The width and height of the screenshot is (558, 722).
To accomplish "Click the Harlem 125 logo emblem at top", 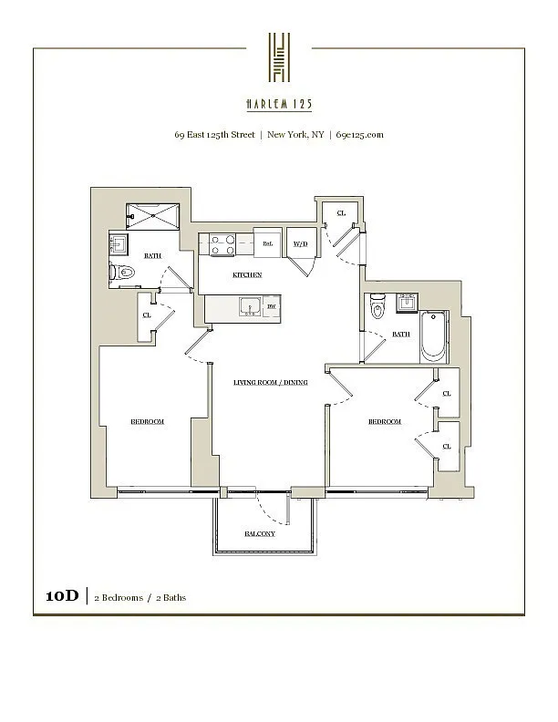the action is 279,57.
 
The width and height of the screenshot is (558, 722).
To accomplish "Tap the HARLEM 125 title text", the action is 279,104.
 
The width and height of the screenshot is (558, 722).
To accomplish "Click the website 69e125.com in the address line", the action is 359,134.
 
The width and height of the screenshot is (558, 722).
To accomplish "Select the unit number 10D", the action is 63,597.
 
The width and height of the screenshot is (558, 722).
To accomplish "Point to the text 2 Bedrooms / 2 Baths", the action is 140,598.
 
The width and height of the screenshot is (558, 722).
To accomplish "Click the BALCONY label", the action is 259,533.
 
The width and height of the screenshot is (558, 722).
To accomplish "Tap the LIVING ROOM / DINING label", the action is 270,382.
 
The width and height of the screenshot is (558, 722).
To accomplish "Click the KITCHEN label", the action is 247,274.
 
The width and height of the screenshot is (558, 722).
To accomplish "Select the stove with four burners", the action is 223,245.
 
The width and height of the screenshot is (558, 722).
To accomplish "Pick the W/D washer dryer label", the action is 299,243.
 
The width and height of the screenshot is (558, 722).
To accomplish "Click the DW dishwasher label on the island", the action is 272,306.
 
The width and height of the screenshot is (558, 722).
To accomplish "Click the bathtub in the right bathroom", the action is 434,338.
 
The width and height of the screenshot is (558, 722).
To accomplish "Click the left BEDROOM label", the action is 147,421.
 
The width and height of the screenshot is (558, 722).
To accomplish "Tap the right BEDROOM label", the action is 385,421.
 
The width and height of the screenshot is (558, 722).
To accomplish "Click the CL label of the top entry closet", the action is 341,212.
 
